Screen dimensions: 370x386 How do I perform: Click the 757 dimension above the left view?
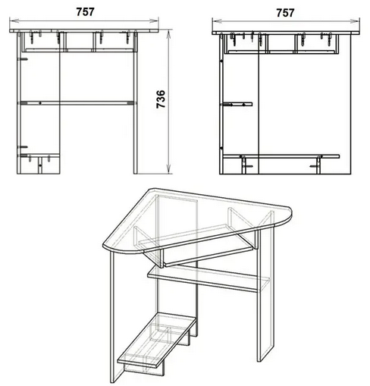tap(85, 12)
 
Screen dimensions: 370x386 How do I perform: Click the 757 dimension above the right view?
tap(285, 13)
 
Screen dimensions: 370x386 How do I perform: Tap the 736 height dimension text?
tap(161, 99)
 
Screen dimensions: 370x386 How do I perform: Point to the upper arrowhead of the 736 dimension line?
tap(168, 33)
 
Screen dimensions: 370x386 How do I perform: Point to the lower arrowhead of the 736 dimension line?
tap(168, 170)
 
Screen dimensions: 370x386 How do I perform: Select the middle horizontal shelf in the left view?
tap(77, 103)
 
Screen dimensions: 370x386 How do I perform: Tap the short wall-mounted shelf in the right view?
tap(237, 104)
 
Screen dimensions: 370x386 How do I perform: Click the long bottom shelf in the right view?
tap(281, 156)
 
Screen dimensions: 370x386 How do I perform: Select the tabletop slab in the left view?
tap(84, 31)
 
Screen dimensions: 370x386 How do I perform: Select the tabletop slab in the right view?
tap(286, 33)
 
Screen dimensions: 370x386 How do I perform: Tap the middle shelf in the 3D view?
tap(204, 279)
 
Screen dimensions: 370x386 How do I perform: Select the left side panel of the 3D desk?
tap(117, 317)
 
